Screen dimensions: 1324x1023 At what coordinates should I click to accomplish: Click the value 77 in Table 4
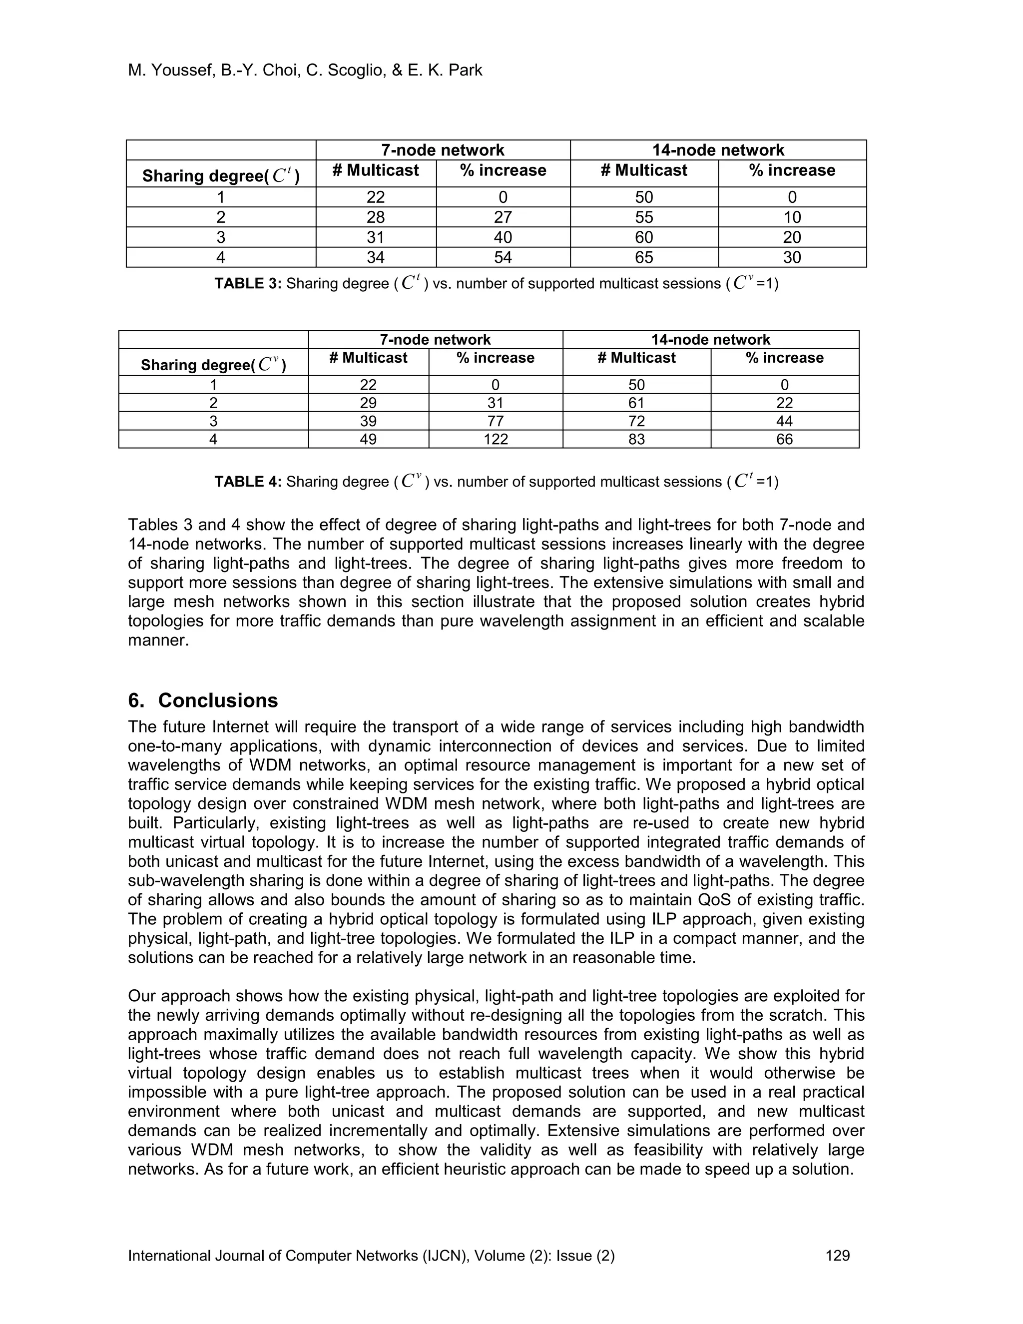pyautogui.click(x=495, y=421)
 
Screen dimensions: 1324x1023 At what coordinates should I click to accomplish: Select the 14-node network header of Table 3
pyautogui.click(x=718, y=150)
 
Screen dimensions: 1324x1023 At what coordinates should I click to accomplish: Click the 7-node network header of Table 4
pyautogui.click(x=435, y=339)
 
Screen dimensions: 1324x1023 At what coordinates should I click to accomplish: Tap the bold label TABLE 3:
pyautogui.click(x=248, y=284)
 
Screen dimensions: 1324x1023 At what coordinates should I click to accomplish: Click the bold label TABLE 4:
pyautogui.click(x=248, y=482)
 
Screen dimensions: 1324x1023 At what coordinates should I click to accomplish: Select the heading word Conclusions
pyautogui.click(x=218, y=700)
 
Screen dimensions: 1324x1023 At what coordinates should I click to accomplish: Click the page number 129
pyautogui.click(x=838, y=1256)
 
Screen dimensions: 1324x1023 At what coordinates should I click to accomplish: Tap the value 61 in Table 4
pyautogui.click(x=636, y=403)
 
